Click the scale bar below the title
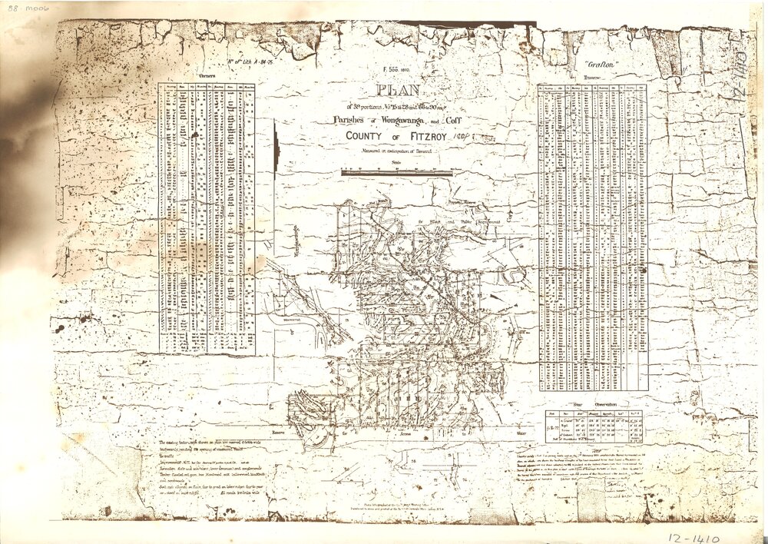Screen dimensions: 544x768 pyautogui.click(x=397, y=172)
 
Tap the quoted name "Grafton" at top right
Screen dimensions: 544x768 pyautogui.click(x=600, y=66)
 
